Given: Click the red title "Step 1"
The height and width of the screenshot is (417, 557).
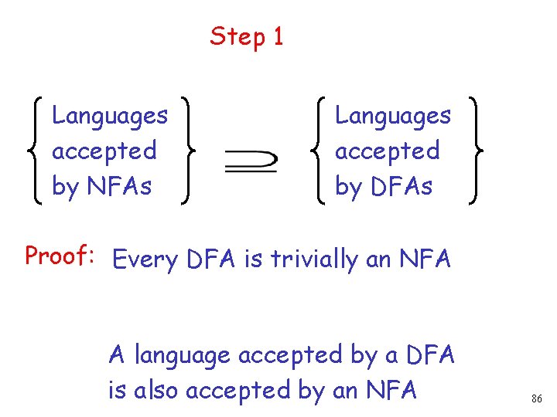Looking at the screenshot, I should click(x=247, y=36).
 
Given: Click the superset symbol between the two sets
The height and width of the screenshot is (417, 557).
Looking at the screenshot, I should click(x=251, y=161).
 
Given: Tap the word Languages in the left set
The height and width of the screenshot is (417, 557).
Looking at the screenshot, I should click(x=110, y=117).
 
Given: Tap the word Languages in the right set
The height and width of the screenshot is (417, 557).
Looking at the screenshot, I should click(x=393, y=117).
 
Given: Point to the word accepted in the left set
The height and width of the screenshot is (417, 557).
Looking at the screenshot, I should click(x=104, y=151).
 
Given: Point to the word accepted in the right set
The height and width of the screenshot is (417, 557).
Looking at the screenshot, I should click(x=388, y=151).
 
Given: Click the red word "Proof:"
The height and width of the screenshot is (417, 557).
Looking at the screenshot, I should click(x=59, y=256).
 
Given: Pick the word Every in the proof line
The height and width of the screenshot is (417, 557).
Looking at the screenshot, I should click(x=145, y=260).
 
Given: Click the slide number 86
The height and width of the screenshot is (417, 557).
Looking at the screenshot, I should click(x=537, y=399).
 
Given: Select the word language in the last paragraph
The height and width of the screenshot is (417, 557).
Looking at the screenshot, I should click(x=183, y=356).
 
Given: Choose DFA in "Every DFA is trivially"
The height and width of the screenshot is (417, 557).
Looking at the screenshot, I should click(x=211, y=260).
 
